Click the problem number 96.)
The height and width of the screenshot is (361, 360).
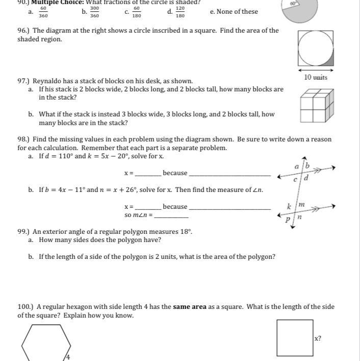23,31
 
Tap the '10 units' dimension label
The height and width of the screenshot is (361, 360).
316,78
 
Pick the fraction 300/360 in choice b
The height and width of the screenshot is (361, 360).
94,12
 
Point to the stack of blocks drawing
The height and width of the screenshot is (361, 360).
316,106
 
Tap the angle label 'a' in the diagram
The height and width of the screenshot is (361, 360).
296,167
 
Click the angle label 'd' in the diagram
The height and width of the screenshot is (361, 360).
305,178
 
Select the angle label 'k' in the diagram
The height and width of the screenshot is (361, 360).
289,207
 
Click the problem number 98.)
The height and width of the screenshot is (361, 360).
23,139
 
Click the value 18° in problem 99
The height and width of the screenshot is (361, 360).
186,231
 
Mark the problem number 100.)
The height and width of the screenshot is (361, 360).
25,307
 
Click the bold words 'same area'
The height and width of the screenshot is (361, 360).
190,307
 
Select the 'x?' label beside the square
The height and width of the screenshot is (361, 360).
318,338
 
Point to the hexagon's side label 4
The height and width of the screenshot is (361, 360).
68,357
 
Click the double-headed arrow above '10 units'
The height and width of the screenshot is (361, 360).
316,70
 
